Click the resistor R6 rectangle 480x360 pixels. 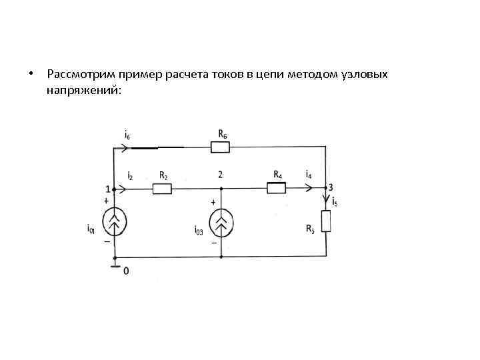coord(219,147)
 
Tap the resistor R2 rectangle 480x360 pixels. coord(162,189)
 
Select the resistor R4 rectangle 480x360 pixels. coord(276,189)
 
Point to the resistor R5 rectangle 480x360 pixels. coord(326,221)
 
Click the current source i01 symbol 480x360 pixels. coord(115,223)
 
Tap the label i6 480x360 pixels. coord(127,135)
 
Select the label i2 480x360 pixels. coord(130,175)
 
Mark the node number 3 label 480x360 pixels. coord(331,187)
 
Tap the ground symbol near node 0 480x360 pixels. coord(115,268)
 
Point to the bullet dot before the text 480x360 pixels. coord(31,73)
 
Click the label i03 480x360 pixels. coord(199,231)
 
